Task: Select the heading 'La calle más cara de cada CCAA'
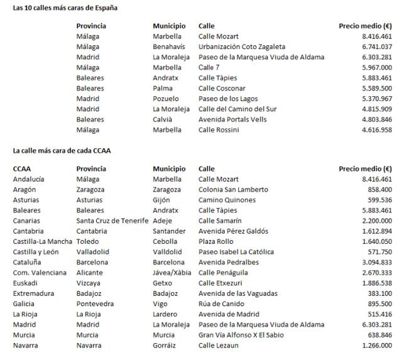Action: [x=62, y=151]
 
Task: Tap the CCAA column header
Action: [x=23, y=169]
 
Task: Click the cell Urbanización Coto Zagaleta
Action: [x=242, y=46]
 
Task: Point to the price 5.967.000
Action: [x=375, y=67]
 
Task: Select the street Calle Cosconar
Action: [x=222, y=88]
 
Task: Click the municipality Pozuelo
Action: [x=166, y=99]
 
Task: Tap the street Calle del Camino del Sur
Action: [x=237, y=109]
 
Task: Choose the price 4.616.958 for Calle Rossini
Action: [x=375, y=129]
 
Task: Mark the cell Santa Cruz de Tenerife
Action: [x=112, y=221]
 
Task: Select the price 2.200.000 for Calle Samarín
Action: [x=375, y=221]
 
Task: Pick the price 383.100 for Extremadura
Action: [x=378, y=293]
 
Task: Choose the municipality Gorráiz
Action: [x=166, y=346]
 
